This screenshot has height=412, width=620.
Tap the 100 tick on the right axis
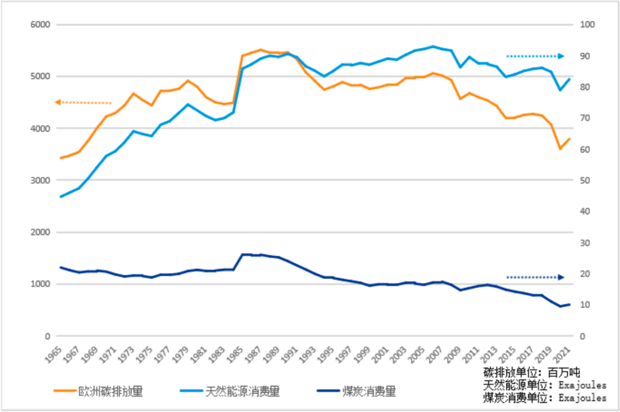(x=587, y=25)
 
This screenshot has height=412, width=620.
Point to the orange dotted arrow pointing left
(x=83, y=102)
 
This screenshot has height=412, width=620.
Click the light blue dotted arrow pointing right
(x=535, y=56)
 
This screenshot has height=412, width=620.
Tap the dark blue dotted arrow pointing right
(x=535, y=277)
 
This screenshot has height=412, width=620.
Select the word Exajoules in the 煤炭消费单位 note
(x=582, y=398)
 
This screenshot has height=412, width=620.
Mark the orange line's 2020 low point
(x=560, y=149)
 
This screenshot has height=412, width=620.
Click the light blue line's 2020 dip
(x=560, y=90)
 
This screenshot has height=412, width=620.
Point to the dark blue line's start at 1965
(x=60, y=267)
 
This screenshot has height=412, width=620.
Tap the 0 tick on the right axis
(x=583, y=336)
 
